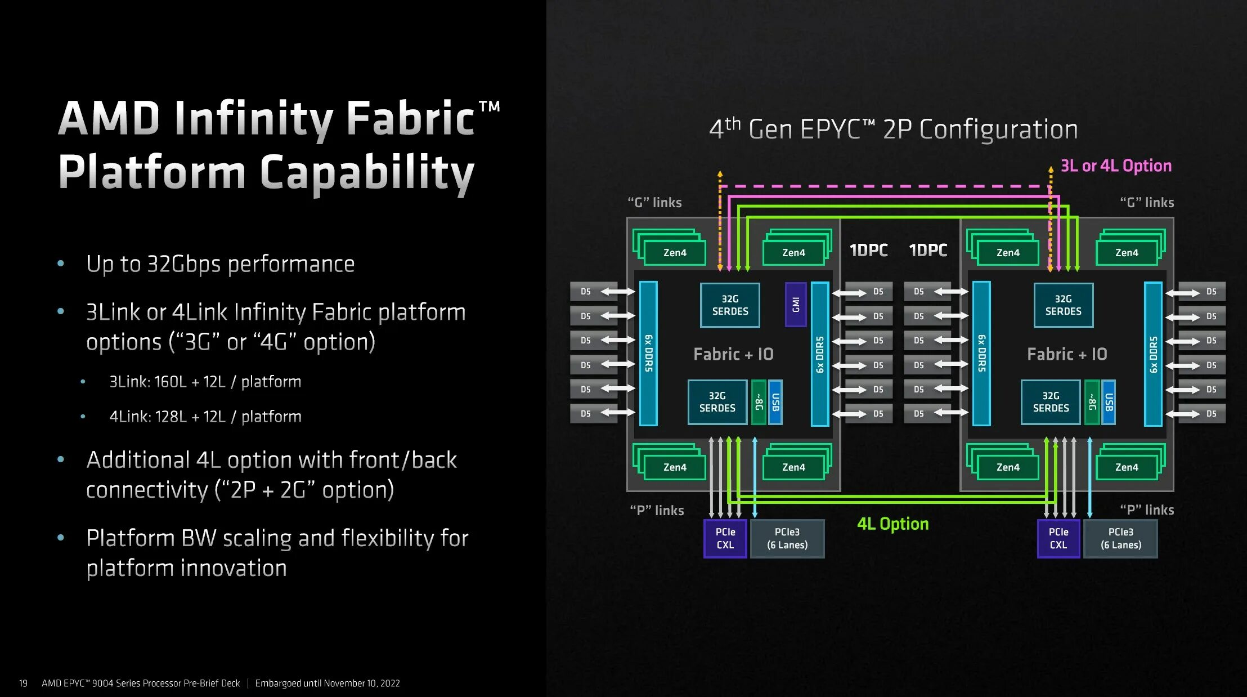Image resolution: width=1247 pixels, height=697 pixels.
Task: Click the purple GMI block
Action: pyautogui.click(x=795, y=305)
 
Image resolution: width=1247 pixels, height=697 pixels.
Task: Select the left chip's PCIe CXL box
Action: pyautogui.click(x=725, y=538)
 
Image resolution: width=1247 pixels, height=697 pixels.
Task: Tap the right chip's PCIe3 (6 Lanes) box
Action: pyautogui.click(x=1120, y=538)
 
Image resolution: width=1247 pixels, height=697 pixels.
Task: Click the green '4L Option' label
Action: pyautogui.click(x=892, y=524)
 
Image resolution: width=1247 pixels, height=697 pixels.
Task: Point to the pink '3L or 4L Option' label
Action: pyautogui.click(x=1116, y=166)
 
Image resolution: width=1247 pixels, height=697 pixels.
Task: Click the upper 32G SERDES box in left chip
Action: pyautogui.click(x=730, y=305)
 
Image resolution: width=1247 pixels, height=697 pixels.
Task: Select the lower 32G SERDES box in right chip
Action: pyautogui.click(x=1051, y=402)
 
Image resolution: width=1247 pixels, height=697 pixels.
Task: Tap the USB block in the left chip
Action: pyautogui.click(x=775, y=402)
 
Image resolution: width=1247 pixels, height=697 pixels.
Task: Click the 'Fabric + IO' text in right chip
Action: pyautogui.click(x=1067, y=354)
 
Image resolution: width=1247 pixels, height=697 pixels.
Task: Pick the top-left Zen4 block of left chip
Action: pyautogui.click(x=674, y=253)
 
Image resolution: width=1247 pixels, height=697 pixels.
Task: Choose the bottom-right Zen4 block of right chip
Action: pyautogui.click(x=1127, y=467)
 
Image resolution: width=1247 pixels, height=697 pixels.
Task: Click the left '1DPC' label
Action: pyautogui.click(x=868, y=250)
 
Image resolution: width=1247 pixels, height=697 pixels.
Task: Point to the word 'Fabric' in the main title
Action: pyautogui.click(x=410, y=118)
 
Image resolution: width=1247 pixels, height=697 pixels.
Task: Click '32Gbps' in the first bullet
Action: pyautogui.click(x=185, y=264)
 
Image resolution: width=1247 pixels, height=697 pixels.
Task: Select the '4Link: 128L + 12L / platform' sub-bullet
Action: pyautogui.click(x=205, y=417)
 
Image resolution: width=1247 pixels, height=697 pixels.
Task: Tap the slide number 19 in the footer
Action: pyautogui.click(x=23, y=683)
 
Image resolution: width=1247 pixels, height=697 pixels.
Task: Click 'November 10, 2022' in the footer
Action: pyautogui.click(x=362, y=683)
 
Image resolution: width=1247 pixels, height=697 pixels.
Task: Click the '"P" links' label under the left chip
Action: pyautogui.click(x=657, y=510)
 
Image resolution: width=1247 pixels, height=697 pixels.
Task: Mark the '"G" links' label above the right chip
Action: pyautogui.click(x=1146, y=202)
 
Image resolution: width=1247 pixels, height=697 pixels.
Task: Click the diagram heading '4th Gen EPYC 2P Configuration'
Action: pyautogui.click(x=893, y=129)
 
